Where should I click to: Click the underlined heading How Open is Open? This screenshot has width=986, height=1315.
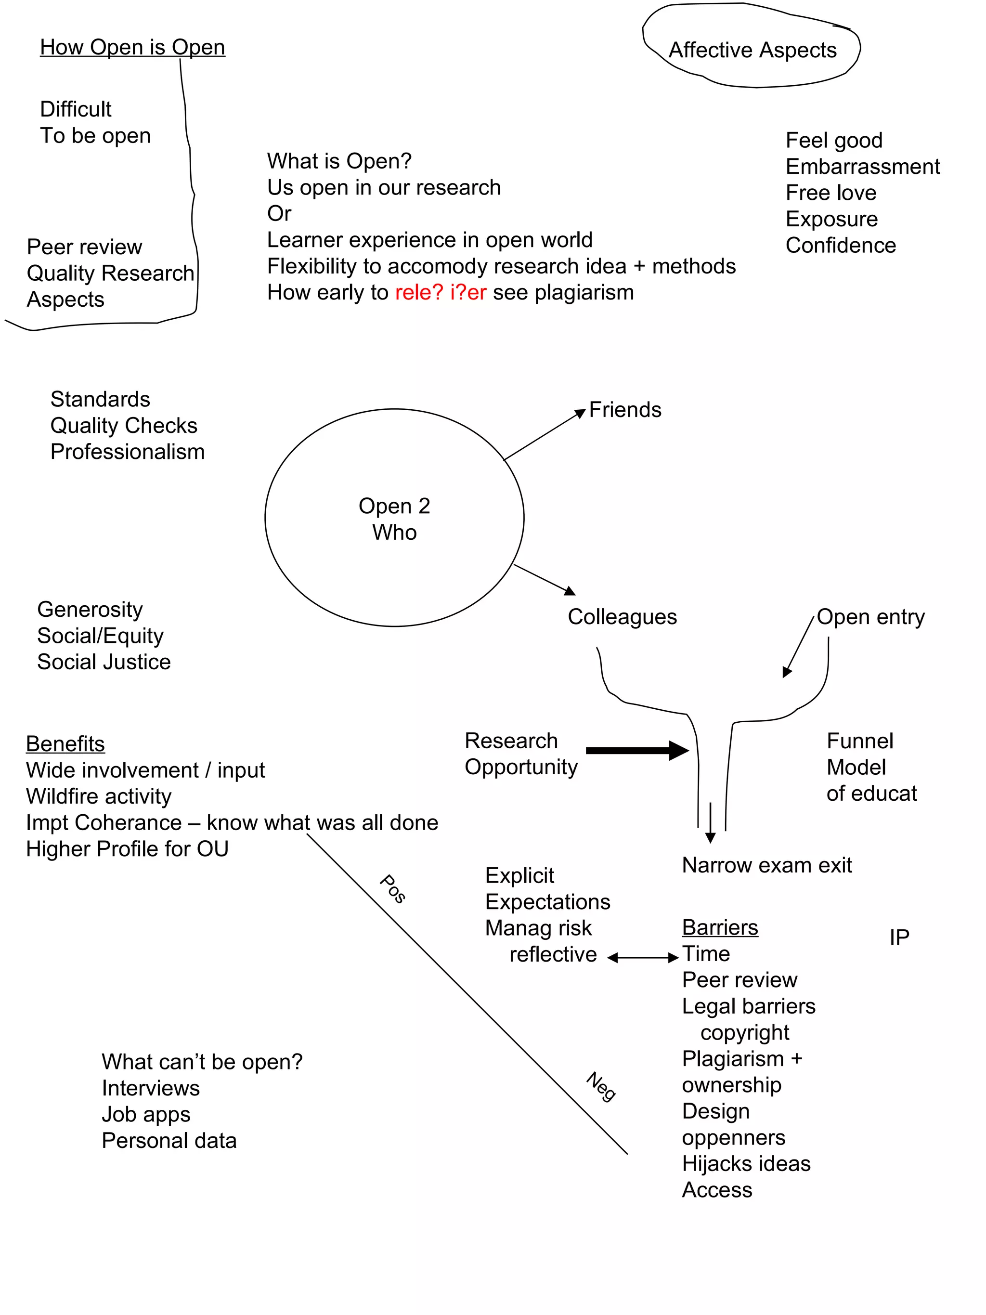tap(132, 48)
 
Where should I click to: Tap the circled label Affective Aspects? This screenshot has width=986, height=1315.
tap(752, 51)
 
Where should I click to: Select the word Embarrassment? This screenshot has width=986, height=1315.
tap(862, 167)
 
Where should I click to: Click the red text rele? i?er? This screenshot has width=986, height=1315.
tap(441, 292)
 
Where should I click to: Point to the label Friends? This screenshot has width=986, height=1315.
tap(624, 410)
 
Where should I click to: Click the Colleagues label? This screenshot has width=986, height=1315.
tap(622, 617)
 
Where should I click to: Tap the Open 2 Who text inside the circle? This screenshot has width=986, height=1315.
tap(394, 519)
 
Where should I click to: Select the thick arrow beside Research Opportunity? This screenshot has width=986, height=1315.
tap(636, 750)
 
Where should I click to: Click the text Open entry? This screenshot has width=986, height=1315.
tap(870, 617)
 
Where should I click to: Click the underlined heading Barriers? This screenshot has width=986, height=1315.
tap(720, 928)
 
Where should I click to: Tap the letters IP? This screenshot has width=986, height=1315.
tap(899, 938)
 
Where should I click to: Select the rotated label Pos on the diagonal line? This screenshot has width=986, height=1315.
tap(393, 889)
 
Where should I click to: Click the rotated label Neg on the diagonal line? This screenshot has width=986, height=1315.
tap(601, 1087)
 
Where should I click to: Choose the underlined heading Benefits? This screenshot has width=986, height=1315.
tap(65, 744)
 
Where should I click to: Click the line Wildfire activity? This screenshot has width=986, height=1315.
tap(99, 796)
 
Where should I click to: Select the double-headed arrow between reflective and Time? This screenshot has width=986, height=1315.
tap(643, 958)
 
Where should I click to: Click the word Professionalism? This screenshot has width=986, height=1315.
tap(127, 452)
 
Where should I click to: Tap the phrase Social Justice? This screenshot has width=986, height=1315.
tap(104, 662)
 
